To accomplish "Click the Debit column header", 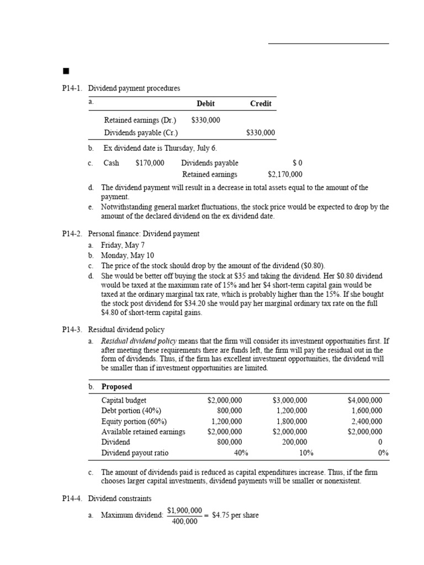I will tap(205, 103).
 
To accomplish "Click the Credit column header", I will tap(261, 103).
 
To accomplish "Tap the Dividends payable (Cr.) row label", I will tap(141, 132).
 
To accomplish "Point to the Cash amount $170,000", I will tap(150, 163).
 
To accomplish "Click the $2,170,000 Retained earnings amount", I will tap(285, 174).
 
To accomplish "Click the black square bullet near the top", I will tap(66, 71).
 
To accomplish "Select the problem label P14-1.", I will tap(72, 88).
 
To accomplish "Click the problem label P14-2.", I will tap(72, 234).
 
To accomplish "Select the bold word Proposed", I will tap(116, 386).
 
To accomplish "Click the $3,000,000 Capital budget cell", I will tap(290, 400).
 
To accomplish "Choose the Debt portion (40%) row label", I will tap(131, 411).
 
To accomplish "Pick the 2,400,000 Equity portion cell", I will tap(366, 421).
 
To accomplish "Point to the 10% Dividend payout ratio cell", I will tap(306, 453).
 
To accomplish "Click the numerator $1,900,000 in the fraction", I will tap(184, 510).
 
